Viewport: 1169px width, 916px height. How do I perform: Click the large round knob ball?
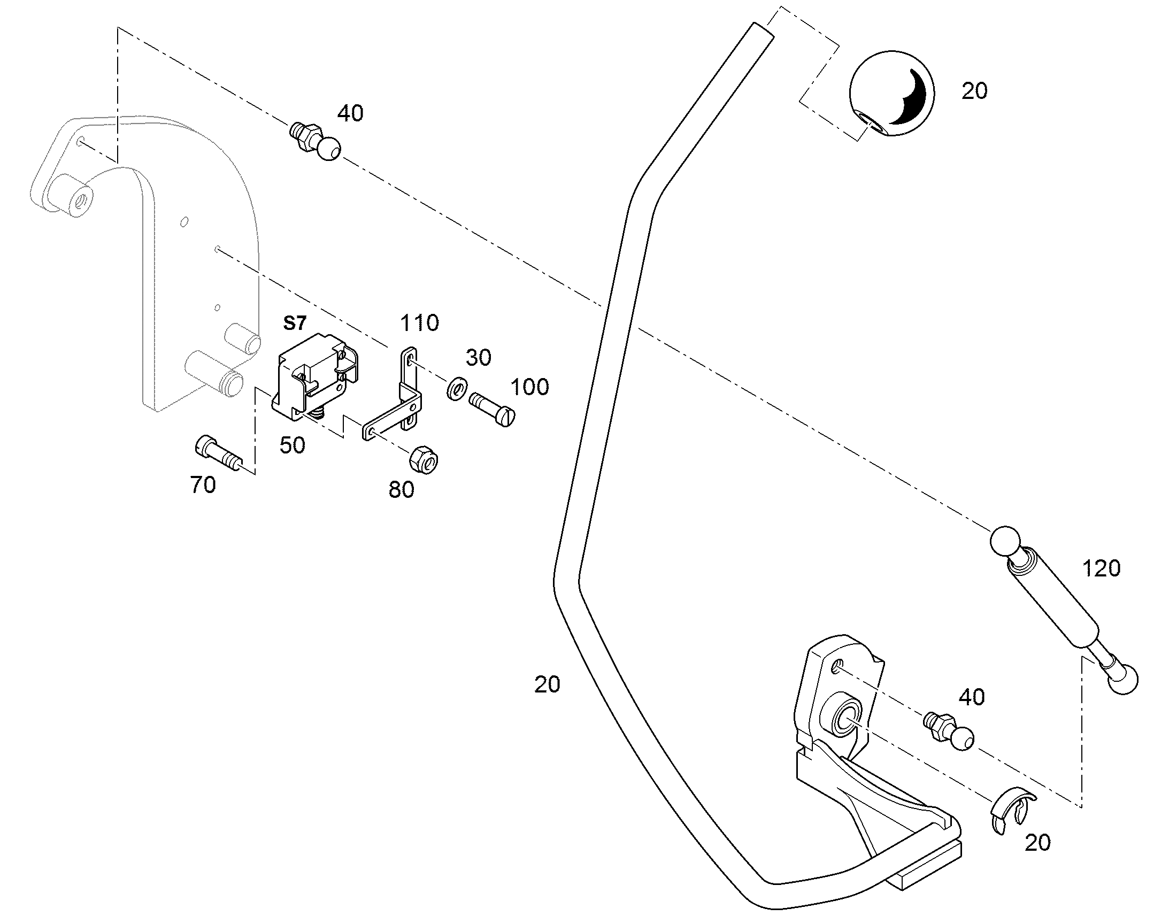pyautogui.click(x=892, y=95)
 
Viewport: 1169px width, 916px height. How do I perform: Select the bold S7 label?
pyautogui.click(x=295, y=323)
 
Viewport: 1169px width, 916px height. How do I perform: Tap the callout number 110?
pyautogui.click(x=419, y=323)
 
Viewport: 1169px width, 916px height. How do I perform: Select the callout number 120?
pyautogui.click(x=1102, y=568)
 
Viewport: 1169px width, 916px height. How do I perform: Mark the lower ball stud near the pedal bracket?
pyautogui.click(x=949, y=731)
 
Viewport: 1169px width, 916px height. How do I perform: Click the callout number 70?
pyautogui.click(x=203, y=486)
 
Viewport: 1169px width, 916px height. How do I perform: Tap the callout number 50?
pyautogui.click(x=292, y=445)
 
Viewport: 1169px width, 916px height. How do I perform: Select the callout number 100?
pyautogui.click(x=530, y=387)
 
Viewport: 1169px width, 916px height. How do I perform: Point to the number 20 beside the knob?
pyautogui.click(x=974, y=91)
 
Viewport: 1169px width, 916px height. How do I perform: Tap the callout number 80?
pyautogui.click(x=402, y=490)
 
